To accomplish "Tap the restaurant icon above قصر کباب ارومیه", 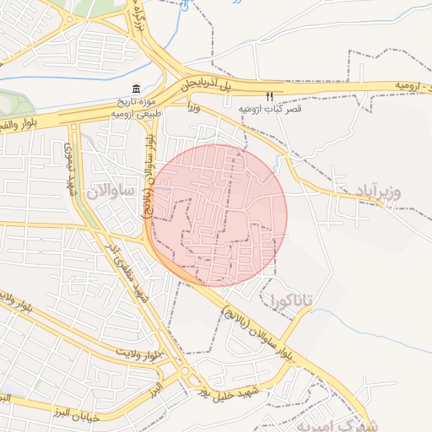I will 270,96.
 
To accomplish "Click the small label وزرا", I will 194,107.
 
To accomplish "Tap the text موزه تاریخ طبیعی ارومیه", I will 135,106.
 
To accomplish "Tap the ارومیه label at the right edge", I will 406,87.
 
